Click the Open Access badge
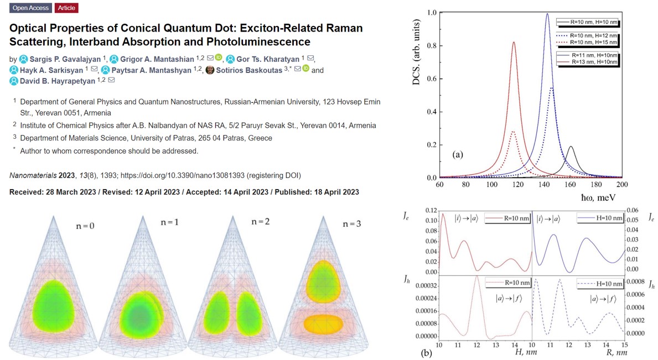31,8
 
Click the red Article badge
66,8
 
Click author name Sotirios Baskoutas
250,70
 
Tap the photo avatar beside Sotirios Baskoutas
210,70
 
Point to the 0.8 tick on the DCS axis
432,45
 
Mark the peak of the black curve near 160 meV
571,147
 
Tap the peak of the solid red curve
514,43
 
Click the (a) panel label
458,155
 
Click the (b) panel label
426,352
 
